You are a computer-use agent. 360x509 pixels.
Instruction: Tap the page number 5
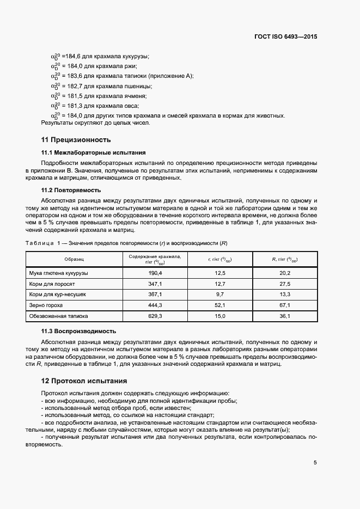315,463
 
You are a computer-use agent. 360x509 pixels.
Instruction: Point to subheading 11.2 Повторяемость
71,191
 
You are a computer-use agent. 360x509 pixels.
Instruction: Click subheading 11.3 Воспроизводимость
78,331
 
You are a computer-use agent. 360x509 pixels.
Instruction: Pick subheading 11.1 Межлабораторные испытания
94,152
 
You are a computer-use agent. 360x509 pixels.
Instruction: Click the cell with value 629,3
155,316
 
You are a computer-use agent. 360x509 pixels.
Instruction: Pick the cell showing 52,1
220,305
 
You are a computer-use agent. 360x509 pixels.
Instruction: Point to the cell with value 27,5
285,283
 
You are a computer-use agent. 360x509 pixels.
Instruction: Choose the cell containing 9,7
220,294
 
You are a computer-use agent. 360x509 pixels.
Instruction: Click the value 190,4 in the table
155,272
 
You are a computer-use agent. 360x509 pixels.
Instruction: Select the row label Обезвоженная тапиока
58,316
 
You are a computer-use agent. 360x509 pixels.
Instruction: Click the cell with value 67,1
285,305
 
